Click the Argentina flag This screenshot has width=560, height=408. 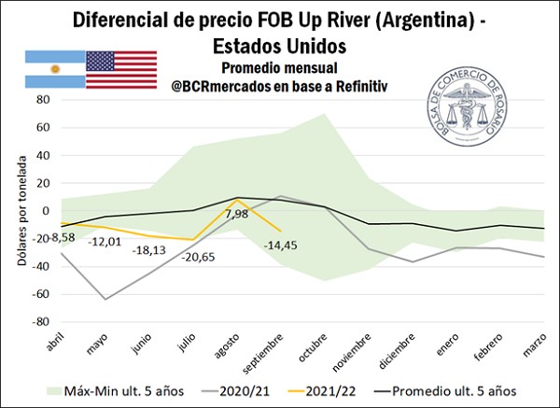pyautogui.click(x=55, y=70)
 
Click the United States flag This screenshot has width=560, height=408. pyautogui.click(x=121, y=70)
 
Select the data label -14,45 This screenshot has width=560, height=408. pyautogui.click(x=281, y=245)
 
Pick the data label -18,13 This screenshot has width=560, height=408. pyautogui.click(x=150, y=250)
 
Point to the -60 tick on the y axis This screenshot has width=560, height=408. pyautogui.click(x=40, y=293)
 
